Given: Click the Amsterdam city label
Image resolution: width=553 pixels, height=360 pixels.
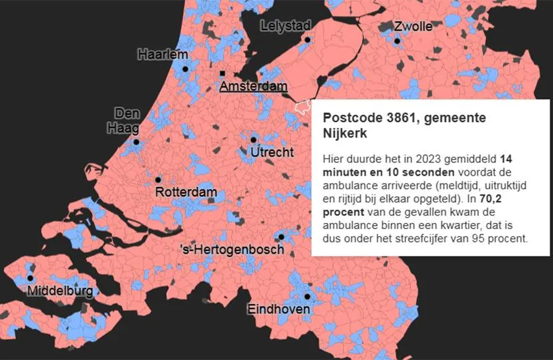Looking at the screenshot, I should pos(253,86).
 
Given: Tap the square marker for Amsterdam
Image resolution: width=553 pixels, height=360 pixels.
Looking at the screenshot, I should pos(222,73).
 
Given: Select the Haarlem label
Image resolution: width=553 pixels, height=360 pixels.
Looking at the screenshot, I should pos(162,54).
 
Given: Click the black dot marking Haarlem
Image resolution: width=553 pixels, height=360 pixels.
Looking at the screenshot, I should pos(185,68).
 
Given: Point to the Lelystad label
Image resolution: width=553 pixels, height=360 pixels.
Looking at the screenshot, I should pos(285,25).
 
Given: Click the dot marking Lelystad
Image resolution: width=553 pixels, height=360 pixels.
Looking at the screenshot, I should pos(308,40).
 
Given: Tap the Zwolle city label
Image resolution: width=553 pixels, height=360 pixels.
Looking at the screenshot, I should pos(413,27).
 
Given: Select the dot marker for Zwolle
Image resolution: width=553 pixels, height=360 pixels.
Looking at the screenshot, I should pos(397,41).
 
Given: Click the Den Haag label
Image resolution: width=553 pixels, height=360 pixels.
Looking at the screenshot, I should pos(126,120).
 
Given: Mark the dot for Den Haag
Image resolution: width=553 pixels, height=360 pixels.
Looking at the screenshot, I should pos(136,142).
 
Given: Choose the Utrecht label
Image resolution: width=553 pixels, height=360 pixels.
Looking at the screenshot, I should pos(272,153).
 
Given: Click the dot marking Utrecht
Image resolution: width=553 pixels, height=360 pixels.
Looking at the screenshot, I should pos(254,140).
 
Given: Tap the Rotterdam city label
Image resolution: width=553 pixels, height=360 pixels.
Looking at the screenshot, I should pos(186,192).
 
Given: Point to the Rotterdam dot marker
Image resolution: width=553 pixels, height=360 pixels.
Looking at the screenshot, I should pos(158,180).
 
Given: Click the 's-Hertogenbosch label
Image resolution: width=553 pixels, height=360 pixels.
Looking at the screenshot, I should pos(232,250).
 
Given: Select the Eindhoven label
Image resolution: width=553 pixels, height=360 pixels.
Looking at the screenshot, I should pos(279,309).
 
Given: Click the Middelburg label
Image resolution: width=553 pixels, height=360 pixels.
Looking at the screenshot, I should pos(60,291).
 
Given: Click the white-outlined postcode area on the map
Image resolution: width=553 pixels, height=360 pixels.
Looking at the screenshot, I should pos(303,107).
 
